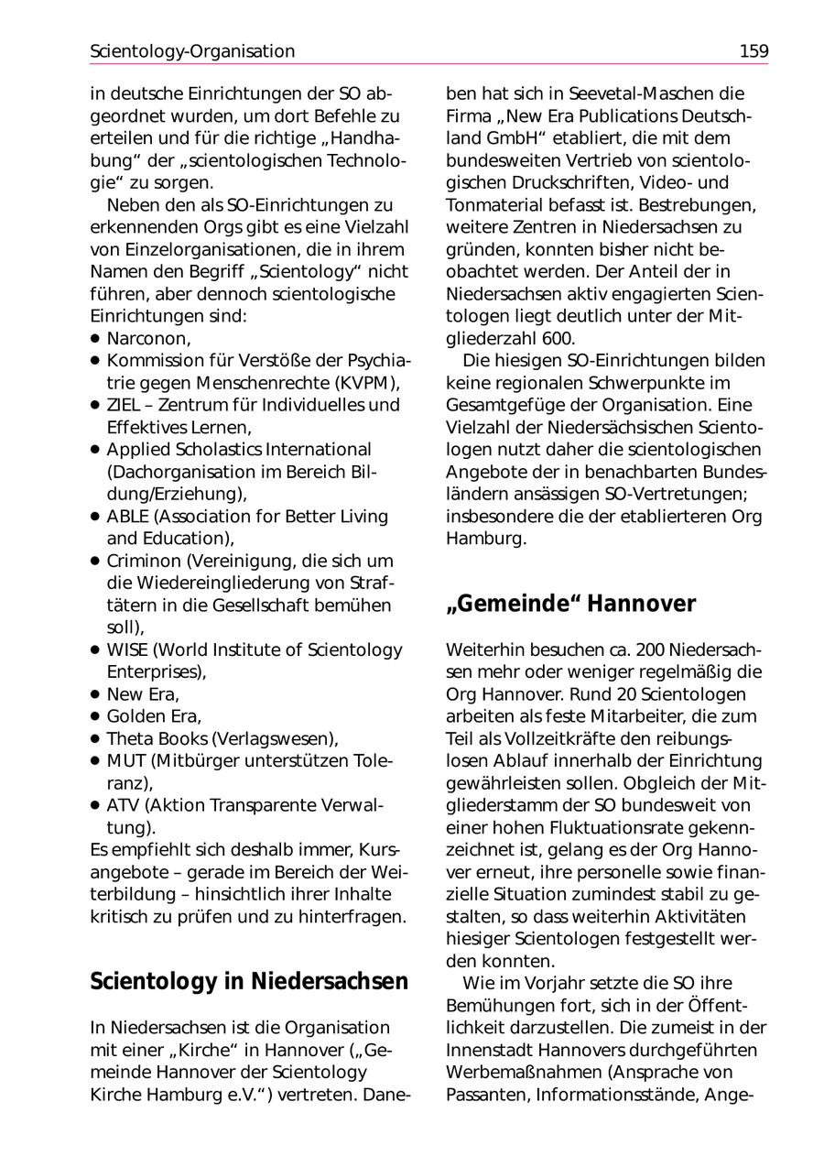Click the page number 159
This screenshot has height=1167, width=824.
click(x=754, y=51)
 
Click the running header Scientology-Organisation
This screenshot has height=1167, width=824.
click(x=192, y=51)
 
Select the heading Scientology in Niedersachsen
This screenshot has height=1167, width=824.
click(x=249, y=981)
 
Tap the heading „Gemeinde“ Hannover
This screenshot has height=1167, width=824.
click(x=570, y=605)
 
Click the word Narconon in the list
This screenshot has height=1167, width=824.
click(x=146, y=339)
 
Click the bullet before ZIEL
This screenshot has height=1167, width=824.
click(x=94, y=405)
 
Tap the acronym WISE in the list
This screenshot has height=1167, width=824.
click(x=127, y=650)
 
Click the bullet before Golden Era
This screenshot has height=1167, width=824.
click(x=94, y=716)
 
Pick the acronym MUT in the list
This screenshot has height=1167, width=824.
click(x=125, y=761)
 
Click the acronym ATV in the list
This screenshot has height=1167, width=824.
click(x=124, y=805)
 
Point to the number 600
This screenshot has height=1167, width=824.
click(x=558, y=338)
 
